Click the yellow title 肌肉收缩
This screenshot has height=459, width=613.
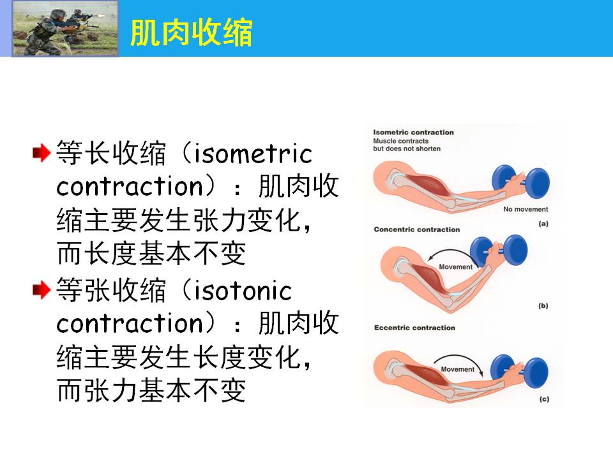point(191,33)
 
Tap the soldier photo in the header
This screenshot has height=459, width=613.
point(65,29)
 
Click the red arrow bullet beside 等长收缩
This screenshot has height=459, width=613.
point(42,152)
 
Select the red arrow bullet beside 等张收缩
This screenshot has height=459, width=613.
point(42,289)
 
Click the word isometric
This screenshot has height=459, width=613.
point(253,154)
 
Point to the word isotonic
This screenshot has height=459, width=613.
point(243,291)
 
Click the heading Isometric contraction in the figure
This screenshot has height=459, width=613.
point(413,133)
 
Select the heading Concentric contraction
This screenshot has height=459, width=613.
point(417,229)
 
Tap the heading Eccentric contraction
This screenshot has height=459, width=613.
point(414,328)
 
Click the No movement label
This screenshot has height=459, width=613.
point(526,209)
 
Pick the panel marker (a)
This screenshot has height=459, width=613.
point(543,224)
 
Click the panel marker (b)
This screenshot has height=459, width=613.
point(543,305)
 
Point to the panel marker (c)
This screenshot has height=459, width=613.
point(544,399)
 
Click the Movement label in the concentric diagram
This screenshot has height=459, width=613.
point(455,267)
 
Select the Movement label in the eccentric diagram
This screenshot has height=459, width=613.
point(457,369)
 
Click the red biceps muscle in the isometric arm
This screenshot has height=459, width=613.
point(430,184)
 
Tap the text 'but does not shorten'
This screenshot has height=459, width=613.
point(407,149)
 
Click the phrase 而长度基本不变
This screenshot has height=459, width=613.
point(151,254)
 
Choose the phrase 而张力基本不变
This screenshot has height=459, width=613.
point(151,390)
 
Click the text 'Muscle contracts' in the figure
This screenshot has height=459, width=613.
point(401,141)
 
